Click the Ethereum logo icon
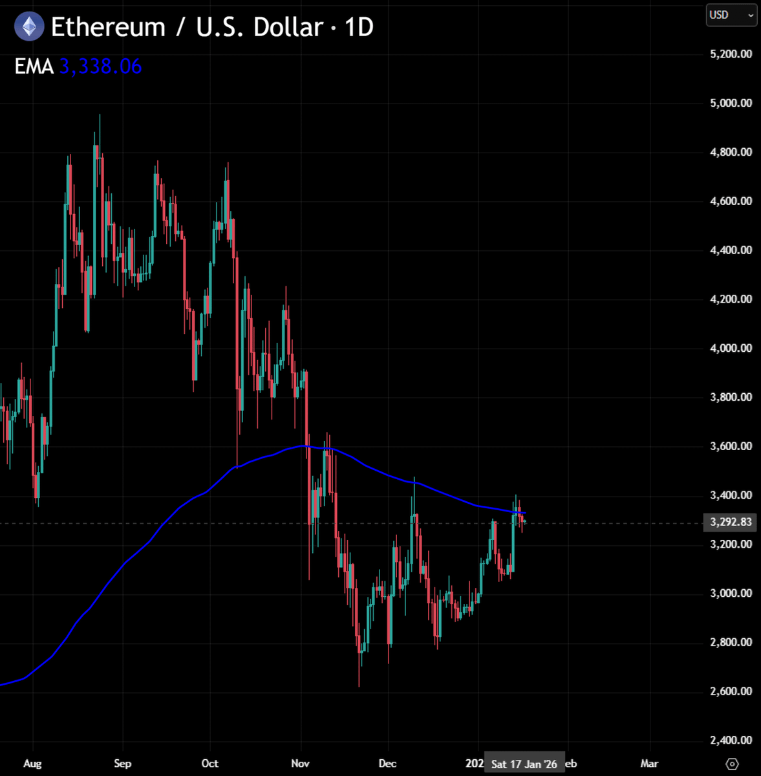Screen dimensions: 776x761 [x=29, y=27]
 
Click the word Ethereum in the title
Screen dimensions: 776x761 [x=108, y=27]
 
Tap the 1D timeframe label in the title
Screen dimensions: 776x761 [x=359, y=27]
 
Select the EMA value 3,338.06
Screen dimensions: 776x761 [x=100, y=67]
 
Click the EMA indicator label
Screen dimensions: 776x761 [x=34, y=67]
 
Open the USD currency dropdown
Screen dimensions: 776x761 [x=731, y=15]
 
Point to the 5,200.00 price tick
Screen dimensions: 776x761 [x=731, y=54]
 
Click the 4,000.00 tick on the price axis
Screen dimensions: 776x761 [x=731, y=349]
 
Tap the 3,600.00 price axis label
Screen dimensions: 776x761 [x=731, y=446]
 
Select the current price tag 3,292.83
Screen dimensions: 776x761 [x=731, y=522]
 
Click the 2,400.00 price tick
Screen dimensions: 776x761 [x=731, y=740]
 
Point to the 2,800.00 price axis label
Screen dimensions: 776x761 [x=731, y=642]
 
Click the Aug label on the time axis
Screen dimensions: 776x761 [x=32, y=764]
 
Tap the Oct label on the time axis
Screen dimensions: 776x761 [x=209, y=764]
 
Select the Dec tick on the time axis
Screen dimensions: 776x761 [x=387, y=764]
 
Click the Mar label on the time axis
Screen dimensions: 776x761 [x=649, y=764]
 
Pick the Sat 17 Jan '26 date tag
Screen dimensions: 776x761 [x=524, y=764]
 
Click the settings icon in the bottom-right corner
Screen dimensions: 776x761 [x=732, y=764]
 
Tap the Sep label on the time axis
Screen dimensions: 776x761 [x=122, y=764]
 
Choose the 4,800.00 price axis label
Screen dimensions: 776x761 [x=731, y=153]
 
